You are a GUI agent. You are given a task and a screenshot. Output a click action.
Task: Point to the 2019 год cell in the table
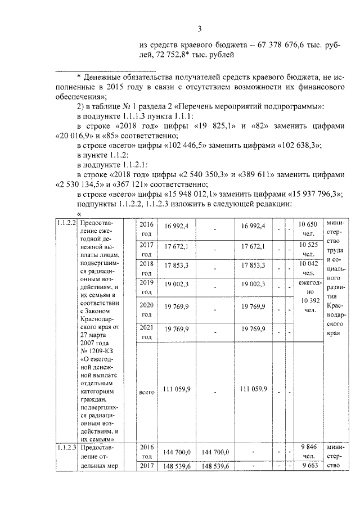pos(146,287)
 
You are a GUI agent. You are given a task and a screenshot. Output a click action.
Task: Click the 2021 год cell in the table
pos(146,332)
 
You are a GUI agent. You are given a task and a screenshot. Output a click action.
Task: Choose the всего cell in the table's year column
pos(146,389)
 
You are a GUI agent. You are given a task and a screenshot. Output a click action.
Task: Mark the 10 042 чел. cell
pos(308,268)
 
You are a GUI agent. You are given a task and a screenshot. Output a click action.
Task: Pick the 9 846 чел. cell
pos(308,452)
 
